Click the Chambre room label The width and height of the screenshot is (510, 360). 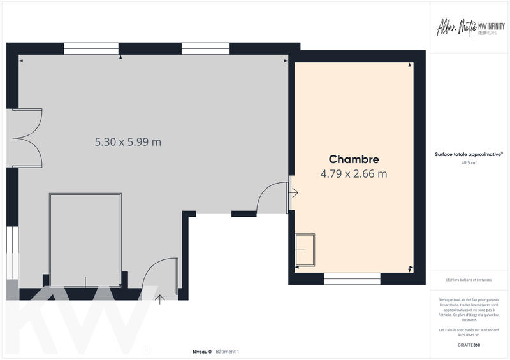click(354, 159)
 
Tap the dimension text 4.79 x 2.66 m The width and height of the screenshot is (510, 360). click(354, 173)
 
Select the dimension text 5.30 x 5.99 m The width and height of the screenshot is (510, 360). click(127, 142)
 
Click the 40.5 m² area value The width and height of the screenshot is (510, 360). click(469, 162)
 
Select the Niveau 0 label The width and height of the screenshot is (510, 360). click(202, 352)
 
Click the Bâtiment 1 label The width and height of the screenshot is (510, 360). click(228, 352)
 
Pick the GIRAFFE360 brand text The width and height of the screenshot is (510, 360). click(469, 345)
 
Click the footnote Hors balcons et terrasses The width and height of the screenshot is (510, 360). click(469, 280)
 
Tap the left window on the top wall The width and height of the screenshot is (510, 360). click(91, 48)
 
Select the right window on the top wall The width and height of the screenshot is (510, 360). click(205, 48)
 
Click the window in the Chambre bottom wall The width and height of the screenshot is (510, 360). click(352, 278)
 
